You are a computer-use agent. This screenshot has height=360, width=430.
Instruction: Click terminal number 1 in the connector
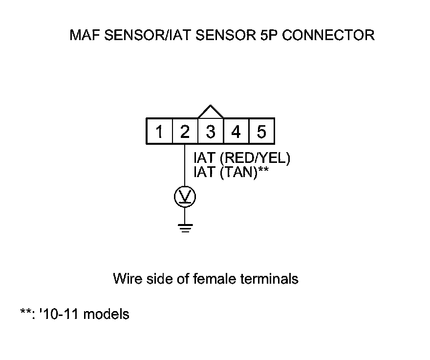point(159,132)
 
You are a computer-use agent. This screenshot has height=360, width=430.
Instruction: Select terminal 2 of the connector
point(185,132)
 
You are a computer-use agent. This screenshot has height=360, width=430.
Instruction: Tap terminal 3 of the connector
point(211,132)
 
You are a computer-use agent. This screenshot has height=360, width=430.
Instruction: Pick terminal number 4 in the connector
point(236,132)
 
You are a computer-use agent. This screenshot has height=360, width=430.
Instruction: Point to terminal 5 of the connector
point(261,132)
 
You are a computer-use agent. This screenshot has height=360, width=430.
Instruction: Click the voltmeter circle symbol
point(185,197)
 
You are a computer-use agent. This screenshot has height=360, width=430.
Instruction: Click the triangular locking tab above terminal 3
point(211,112)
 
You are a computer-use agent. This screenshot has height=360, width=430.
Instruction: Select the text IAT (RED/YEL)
point(242,159)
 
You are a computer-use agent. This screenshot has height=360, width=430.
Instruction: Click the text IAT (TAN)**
point(232,172)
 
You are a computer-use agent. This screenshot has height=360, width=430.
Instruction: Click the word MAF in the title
point(84,36)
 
